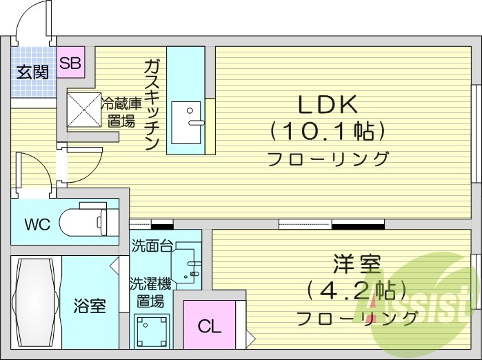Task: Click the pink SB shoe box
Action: point(70,63)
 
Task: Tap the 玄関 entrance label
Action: point(32,70)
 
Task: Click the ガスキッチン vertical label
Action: point(152,104)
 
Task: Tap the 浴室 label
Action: point(90,306)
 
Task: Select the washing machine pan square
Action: point(151,333)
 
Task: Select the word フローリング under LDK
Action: point(328,159)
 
